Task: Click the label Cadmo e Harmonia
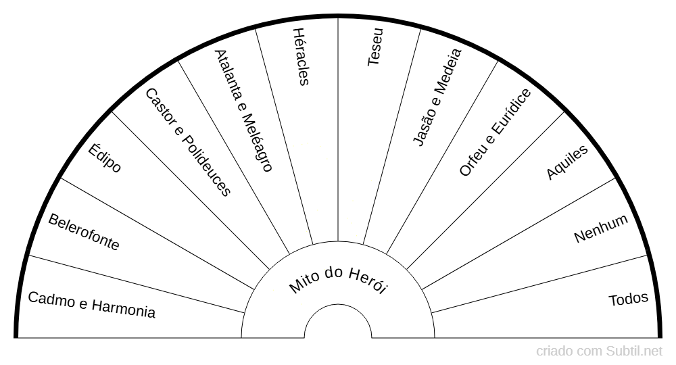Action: [91, 304]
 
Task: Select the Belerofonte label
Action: [84, 232]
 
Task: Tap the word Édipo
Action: [105, 157]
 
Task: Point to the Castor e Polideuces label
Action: [189, 142]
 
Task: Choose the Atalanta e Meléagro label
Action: [243, 110]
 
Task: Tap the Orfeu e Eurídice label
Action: [495, 132]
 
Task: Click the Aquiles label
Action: [567, 162]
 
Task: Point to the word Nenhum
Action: [601, 228]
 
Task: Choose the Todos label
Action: [628, 299]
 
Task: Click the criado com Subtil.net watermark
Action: [600, 351]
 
